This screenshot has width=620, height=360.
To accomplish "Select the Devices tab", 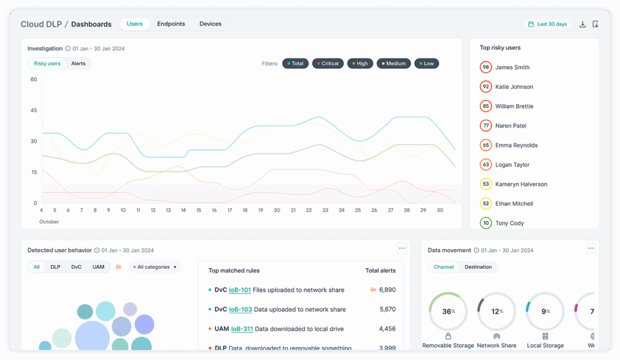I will [x=211, y=24].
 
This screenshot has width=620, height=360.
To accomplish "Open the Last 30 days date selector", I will [x=547, y=24].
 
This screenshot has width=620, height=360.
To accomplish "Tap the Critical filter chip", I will [x=328, y=64].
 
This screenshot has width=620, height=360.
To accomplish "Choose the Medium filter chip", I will [x=394, y=64].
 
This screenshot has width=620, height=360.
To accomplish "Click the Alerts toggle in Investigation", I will [x=78, y=64].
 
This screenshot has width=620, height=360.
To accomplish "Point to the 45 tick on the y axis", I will [x=34, y=110].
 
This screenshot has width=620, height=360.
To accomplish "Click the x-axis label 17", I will [x=229, y=211].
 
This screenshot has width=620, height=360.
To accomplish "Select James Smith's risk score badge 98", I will [x=486, y=67].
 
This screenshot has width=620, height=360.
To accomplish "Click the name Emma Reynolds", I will [x=516, y=145].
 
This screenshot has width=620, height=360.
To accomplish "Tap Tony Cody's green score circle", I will [x=486, y=223].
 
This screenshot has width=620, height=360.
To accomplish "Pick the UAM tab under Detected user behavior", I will [x=98, y=267].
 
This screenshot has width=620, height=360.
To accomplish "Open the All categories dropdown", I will [x=155, y=267].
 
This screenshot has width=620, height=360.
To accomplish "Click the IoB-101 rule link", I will [x=240, y=290].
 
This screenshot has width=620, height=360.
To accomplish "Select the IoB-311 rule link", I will [x=242, y=329].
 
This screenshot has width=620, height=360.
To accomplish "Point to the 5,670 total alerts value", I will [x=387, y=310].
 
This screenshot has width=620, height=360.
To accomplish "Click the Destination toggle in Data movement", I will [x=478, y=267].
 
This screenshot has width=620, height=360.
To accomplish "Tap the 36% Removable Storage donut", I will [x=448, y=312].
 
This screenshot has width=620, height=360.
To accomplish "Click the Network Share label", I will [x=496, y=345].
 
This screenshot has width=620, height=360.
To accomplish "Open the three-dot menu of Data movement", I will [x=591, y=248].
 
